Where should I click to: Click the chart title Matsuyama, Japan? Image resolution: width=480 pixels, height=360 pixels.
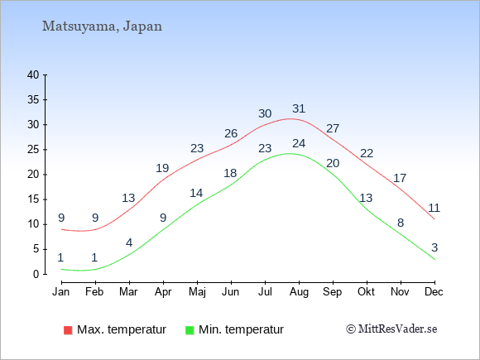pos(102,26)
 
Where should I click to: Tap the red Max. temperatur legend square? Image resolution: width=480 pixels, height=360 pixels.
pos(68,330)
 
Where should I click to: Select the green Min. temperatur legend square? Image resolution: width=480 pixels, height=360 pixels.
pos(190,330)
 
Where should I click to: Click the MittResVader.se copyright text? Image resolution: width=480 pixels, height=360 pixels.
pos(391,329)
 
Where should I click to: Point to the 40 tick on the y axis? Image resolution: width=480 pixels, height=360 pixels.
pos(33,74)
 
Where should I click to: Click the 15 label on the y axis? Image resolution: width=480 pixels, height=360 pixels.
pos(33,199)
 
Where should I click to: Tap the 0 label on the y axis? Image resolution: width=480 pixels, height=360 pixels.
pos(36,274)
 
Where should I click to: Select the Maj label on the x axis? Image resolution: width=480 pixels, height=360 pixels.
pos(197,292)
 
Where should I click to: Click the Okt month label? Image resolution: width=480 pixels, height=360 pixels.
pos(366,292)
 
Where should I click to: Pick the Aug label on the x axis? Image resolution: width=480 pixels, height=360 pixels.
pos(299,292)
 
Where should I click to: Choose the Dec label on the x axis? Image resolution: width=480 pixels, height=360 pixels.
pos(434,292)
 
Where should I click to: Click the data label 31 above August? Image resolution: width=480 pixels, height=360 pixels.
pos(299,108)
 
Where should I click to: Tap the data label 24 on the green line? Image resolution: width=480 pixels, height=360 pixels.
pos(299,143)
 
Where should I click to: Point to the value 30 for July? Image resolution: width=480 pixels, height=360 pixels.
pos(265,113)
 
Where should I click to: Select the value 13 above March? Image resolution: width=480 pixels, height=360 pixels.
pos(128,198)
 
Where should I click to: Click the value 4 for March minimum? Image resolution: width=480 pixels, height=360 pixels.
pos(129,243)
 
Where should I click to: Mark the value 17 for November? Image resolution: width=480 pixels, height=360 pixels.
pos(400,178)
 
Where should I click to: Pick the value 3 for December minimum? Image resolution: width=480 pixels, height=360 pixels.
pos(434,247)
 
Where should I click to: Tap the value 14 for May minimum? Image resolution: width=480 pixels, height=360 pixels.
pos(196,193)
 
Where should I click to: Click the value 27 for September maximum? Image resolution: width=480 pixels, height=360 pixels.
pos(333,128)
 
